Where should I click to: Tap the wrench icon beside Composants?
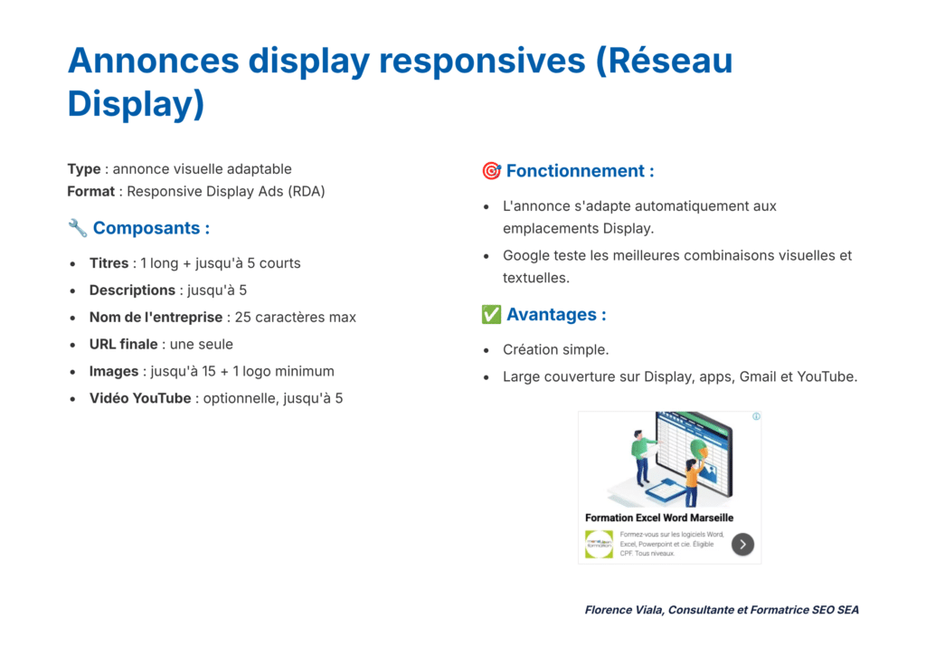point(77,228)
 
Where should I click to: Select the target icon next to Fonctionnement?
point(491,171)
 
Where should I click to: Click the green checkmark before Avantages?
point(491,315)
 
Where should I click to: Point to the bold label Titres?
point(109,263)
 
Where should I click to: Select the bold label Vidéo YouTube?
point(140,398)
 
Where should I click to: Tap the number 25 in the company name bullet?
point(242,318)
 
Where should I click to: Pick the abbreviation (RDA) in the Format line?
point(307,191)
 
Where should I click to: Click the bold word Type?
point(84,169)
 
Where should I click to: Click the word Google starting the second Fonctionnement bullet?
point(525,255)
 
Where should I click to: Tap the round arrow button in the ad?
point(742,544)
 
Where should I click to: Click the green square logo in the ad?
point(599,544)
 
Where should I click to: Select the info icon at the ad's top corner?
point(756,417)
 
